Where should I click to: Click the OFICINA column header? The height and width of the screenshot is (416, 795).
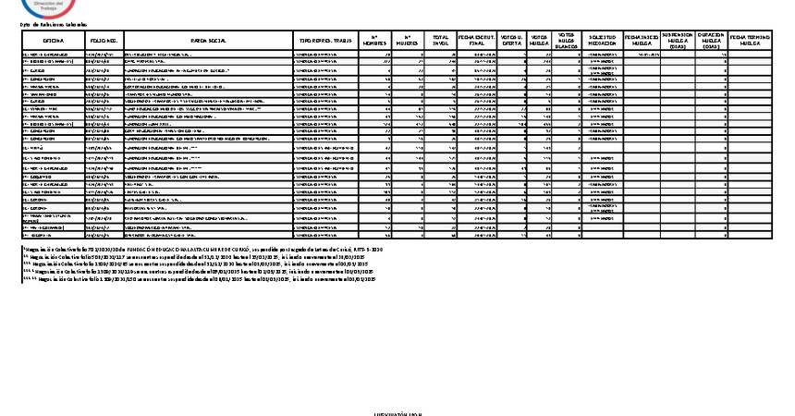(x=53, y=41)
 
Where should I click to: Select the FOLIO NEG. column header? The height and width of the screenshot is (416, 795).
(x=104, y=41)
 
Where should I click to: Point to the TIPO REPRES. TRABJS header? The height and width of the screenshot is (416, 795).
(x=324, y=41)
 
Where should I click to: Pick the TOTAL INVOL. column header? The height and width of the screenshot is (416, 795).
(x=441, y=41)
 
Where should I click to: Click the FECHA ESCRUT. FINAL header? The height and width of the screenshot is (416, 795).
(x=478, y=41)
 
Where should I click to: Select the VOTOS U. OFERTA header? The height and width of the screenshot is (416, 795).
(x=511, y=41)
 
